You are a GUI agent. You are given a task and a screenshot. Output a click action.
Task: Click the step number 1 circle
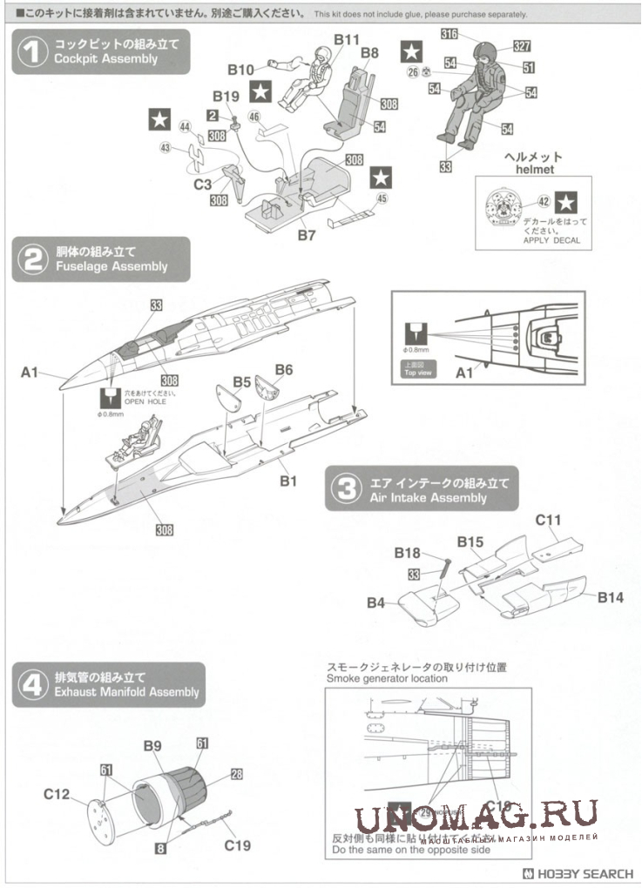tap(33, 52)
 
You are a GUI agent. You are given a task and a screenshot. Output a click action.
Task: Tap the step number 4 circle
tap(33, 685)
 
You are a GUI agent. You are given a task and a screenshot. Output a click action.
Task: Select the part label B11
tap(346, 40)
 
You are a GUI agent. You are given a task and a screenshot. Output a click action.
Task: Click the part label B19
tap(226, 96)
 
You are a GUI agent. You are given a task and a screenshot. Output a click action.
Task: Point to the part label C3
tap(203, 185)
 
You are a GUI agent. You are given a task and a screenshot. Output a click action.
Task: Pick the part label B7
tap(305, 236)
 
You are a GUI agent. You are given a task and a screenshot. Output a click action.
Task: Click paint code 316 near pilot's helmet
tap(450, 35)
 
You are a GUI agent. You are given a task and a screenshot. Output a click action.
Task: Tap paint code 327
tap(523, 46)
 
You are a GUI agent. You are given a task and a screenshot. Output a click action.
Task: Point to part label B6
tap(284, 370)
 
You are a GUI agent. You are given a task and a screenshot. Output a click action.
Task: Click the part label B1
tap(288, 481)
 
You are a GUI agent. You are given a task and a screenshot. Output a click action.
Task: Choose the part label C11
tap(548, 521)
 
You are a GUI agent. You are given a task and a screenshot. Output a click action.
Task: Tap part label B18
tap(408, 554)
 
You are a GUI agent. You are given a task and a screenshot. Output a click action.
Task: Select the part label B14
tap(611, 597)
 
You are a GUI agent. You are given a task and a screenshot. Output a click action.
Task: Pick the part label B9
tap(152, 746)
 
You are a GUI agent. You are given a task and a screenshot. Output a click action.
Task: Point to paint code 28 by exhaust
tap(236, 773)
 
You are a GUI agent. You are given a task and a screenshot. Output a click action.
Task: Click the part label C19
tap(238, 844)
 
